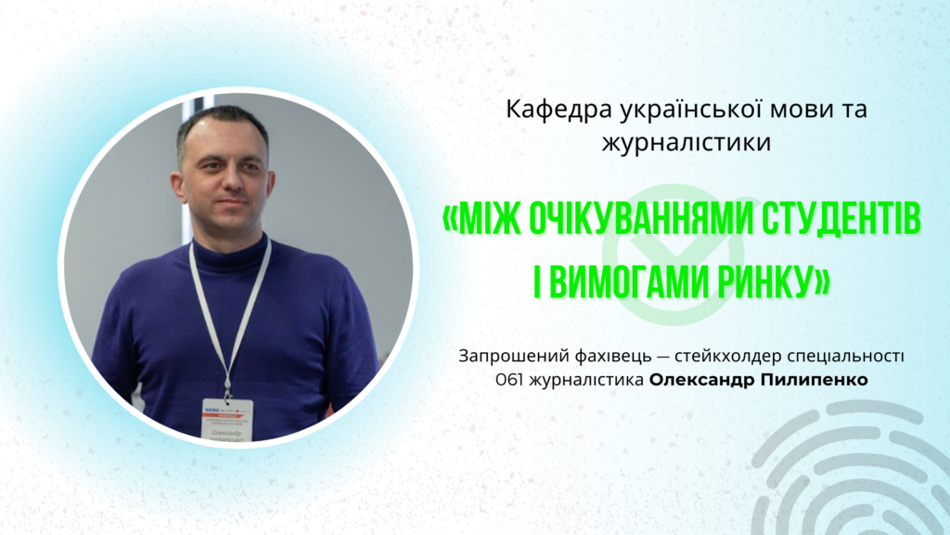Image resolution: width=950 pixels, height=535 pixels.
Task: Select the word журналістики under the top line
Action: click(687, 143)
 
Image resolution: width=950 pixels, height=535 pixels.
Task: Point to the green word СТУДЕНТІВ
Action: click(841, 218)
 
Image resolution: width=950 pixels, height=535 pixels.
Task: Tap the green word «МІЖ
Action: click(481, 218)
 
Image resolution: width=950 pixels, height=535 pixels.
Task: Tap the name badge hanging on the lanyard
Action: click(227, 420)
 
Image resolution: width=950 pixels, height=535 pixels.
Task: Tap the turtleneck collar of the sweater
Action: click(230, 244)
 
